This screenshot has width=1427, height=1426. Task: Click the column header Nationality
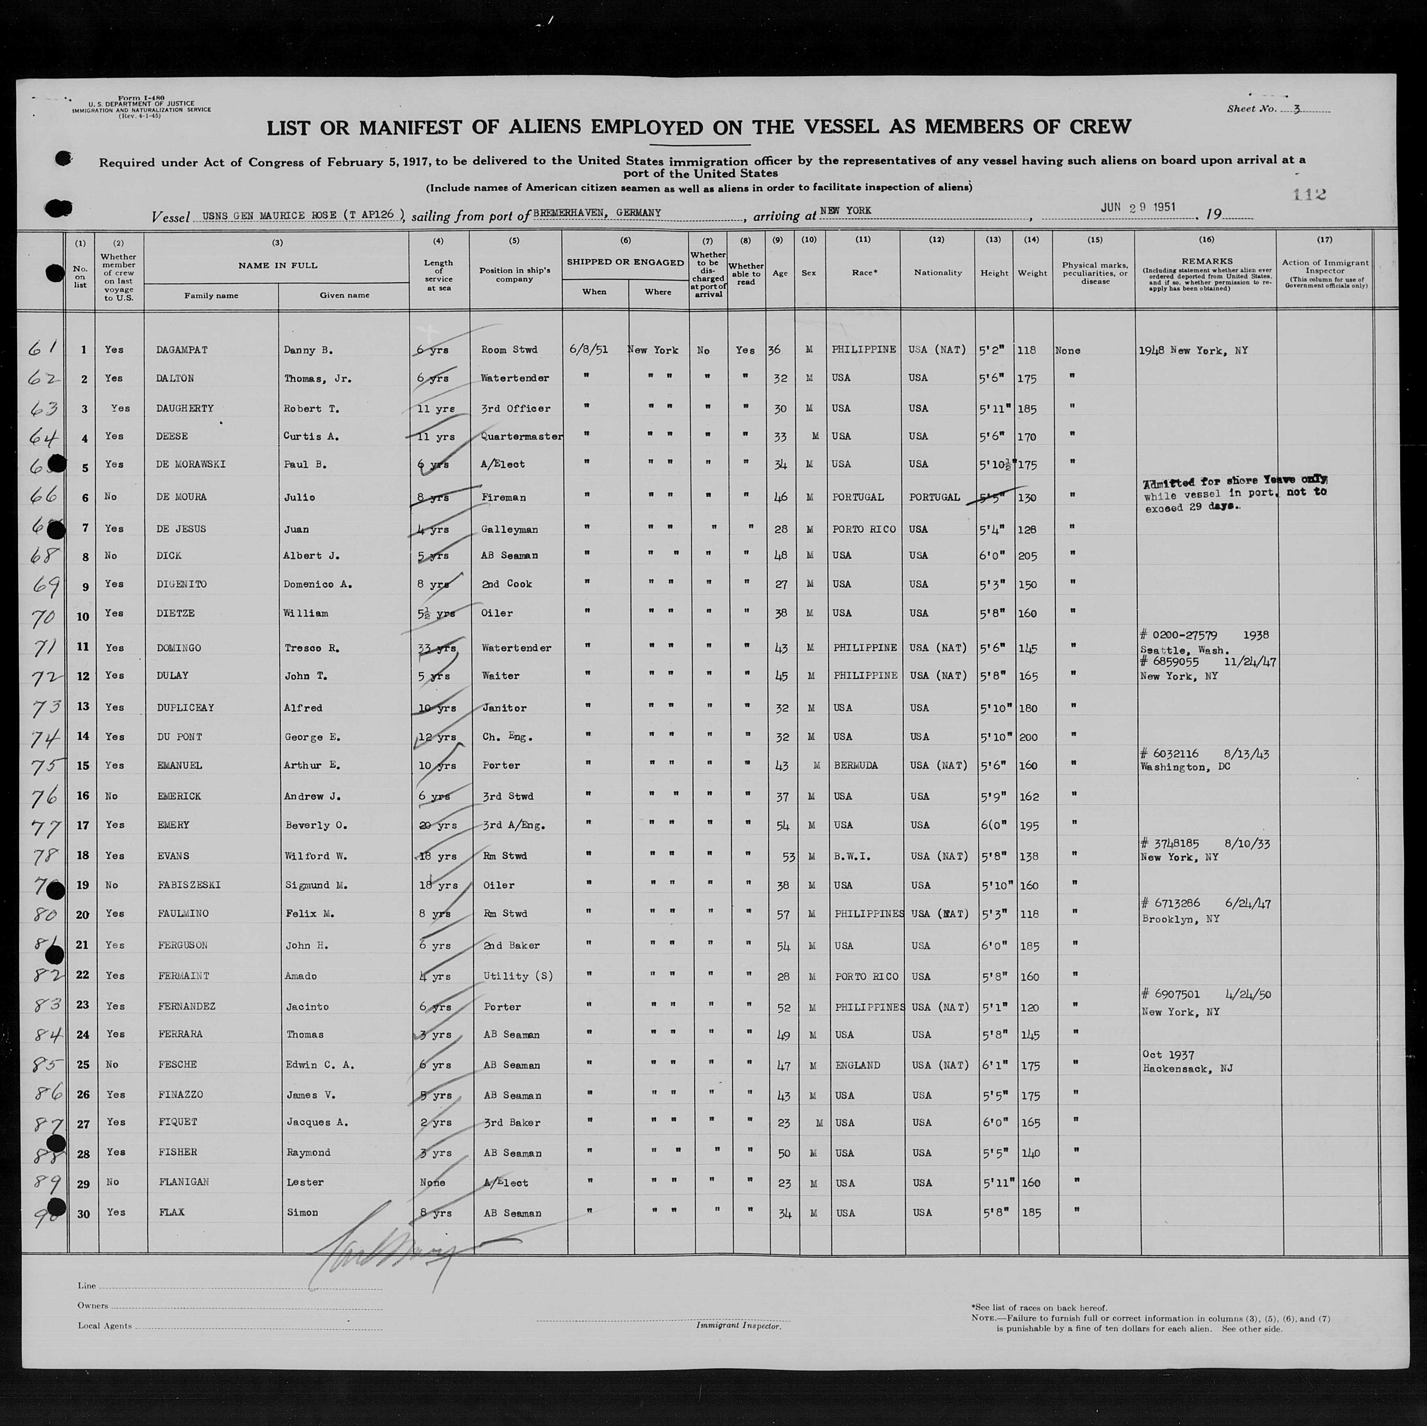[x=937, y=272]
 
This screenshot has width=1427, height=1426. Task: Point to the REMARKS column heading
[x=1206, y=261]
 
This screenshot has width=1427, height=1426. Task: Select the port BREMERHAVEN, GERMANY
[x=597, y=213]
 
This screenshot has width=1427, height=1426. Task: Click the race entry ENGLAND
[x=857, y=1065]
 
